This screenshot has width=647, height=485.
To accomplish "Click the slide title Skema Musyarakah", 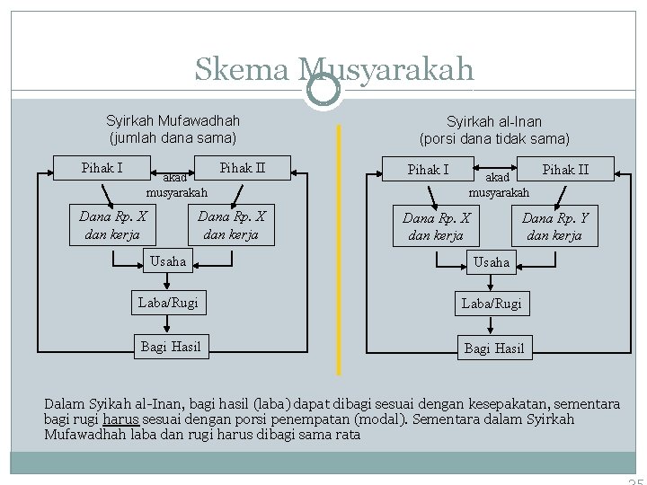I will click(333, 69).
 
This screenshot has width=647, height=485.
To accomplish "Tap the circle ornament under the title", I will click(323, 90).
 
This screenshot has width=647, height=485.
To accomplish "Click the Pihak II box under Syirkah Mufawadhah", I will click(244, 168).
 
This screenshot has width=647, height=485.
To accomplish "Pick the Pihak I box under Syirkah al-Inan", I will click(429, 170).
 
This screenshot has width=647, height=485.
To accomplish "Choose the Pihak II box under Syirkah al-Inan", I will click(565, 170).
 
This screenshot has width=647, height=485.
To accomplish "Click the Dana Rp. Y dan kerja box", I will click(554, 226).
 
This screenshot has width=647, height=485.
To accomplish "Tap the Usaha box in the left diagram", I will click(169, 261).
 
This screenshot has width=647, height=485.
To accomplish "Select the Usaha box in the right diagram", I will click(491, 262).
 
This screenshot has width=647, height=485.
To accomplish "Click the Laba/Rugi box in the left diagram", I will click(168, 304).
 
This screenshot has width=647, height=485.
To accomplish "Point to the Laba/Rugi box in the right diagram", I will click(491, 304).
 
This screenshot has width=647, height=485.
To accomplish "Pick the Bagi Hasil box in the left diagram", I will click(171, 347).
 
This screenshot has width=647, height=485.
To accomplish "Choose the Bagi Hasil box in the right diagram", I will click(493, 348).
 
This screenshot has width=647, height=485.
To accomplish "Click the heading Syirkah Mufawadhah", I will click(173, 120).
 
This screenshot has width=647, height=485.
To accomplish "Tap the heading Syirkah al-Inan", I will click(494, 121).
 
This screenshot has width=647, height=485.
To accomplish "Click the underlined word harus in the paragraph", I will click(120, 419).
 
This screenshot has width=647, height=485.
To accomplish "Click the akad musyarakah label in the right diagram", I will click(500, 185).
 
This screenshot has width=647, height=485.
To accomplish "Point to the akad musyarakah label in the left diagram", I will click(177, 185).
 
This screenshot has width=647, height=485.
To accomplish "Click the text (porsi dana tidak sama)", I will click(494, 139).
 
